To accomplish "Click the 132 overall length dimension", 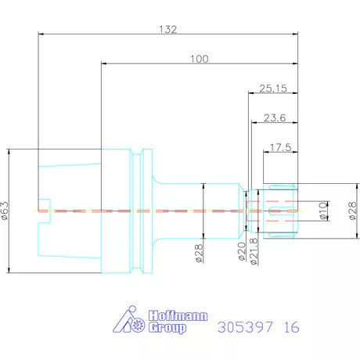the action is pos(168,29).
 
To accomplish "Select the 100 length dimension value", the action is pos(200,59).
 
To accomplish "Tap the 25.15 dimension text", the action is pos(273,88).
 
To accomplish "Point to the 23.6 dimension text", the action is pos(275,118).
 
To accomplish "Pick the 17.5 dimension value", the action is pos(280,148).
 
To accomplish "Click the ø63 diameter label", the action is pos(5,211).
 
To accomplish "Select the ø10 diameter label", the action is pos(323,211).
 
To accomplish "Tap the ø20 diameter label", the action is pos(242,251).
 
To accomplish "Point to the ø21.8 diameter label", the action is pos(254,251).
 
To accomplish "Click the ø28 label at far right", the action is pos(352,211).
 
